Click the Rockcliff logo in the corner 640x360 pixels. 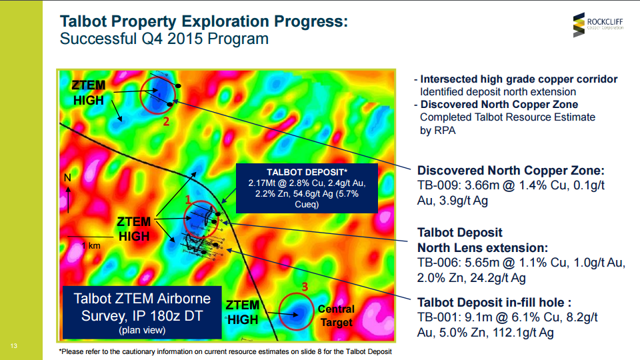[x=598, y=25]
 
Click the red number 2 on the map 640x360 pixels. [x=166, y=121]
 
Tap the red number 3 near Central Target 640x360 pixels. [x=305, y=287]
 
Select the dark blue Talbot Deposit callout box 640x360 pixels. [x=307, y=188]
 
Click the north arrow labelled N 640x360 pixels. [x=68, y=194]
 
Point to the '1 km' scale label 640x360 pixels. [x=91, y=246]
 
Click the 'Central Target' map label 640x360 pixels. [x=336, y=315]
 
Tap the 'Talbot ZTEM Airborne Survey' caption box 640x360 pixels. [x=142, y=313]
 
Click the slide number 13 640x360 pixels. [x=14, y=346]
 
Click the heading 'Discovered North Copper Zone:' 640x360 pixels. [x=511, y=170]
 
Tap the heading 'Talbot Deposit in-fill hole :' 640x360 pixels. [x=494, y=303]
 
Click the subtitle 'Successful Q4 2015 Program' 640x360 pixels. [x=164, y=39]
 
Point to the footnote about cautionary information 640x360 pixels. [x=225, y=351]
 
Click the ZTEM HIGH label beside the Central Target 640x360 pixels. [x=243, y=312]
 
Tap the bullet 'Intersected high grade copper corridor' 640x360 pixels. [x=519, y=79]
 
